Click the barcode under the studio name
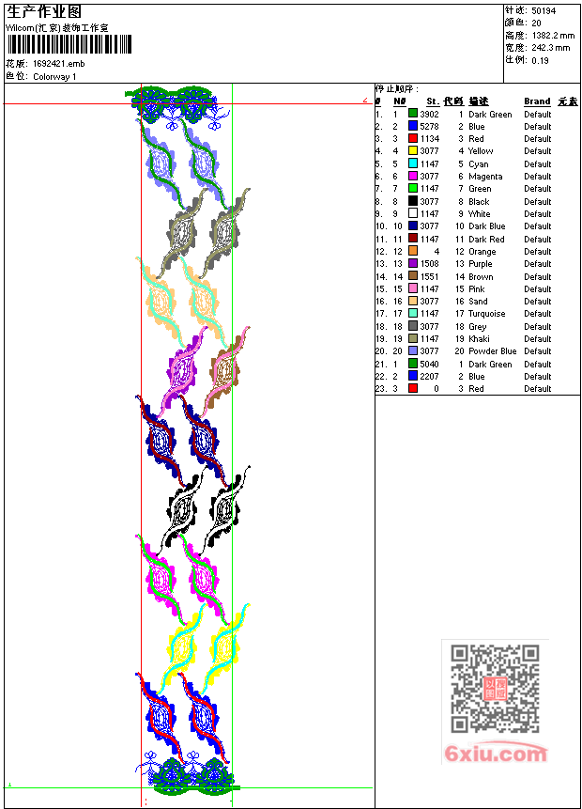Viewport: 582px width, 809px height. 69,44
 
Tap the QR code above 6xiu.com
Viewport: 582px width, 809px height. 495,689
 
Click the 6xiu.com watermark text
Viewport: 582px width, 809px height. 496,754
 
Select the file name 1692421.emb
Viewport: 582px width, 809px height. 59,64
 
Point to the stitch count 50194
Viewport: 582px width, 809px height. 544,11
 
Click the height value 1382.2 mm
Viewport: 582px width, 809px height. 553,36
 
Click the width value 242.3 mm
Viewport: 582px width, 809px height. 551,48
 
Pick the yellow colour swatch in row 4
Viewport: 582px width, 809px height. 413,150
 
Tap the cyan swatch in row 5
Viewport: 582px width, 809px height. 413,163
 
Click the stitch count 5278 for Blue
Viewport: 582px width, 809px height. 429,127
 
